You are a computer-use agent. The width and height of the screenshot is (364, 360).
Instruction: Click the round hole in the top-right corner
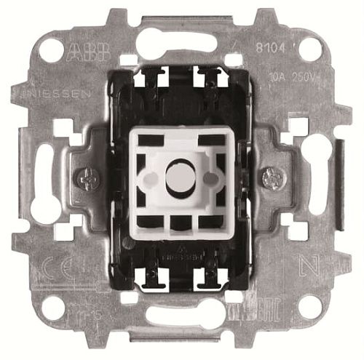click(x=310, y=48)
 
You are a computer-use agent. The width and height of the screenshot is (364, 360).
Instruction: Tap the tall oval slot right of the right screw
click(x=316, y=175)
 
